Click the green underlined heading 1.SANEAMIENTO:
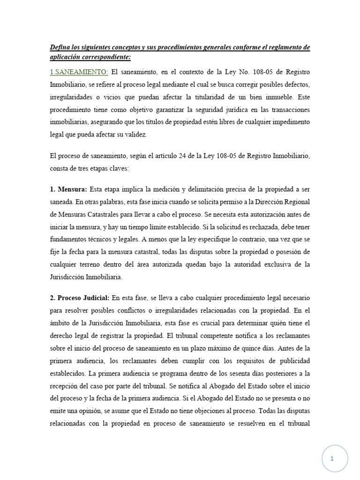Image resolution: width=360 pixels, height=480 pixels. point(79,72)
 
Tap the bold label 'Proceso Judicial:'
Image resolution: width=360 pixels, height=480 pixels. point(83,298)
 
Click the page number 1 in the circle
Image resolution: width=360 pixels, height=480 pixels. point(332,458)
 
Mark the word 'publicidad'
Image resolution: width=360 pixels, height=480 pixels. point(292,361)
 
